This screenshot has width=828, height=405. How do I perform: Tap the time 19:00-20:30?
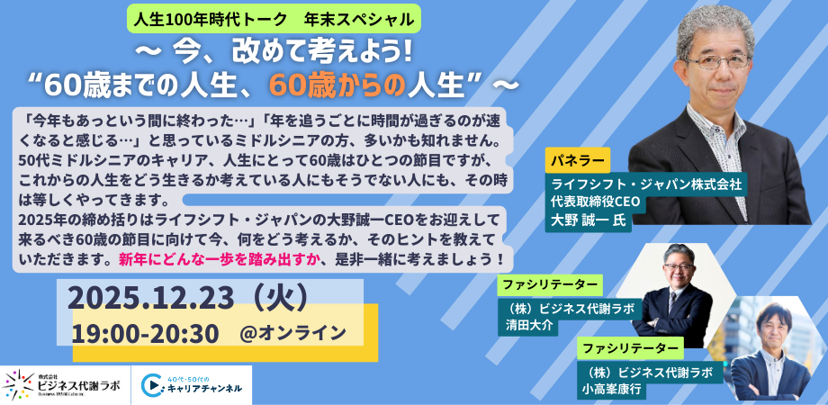pyautogui.click(x=145, y=333)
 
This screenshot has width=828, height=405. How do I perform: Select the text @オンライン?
pyautogui.click(x=292, y=333)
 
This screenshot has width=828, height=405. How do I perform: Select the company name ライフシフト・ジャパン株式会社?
pyautogui.click(x=647, y=184)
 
